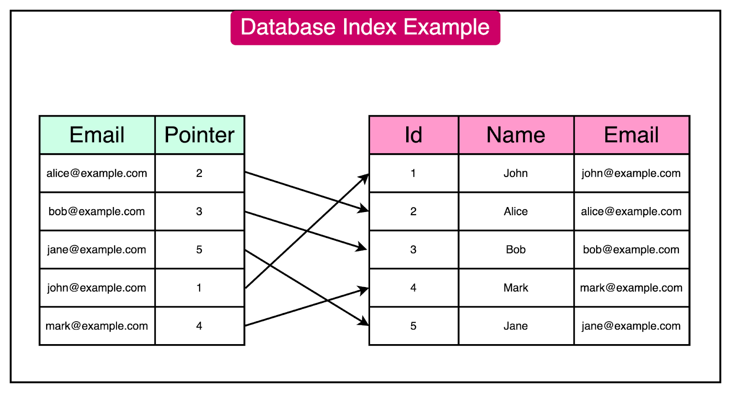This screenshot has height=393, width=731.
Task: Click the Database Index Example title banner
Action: (365, 27)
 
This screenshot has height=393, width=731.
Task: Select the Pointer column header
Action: (200, 135)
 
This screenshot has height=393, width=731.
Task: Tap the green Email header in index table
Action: (97, 135)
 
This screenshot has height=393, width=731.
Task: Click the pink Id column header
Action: (413, 135)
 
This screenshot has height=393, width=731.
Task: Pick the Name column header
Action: (516, 135)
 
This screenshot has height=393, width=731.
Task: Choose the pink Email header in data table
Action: (631, 135)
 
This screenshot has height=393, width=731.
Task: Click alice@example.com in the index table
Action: (97, 173)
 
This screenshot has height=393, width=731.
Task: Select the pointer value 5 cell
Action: (199, 250)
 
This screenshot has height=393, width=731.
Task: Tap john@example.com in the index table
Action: (97, 288)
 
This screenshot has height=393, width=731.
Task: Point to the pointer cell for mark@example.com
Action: (199, 326)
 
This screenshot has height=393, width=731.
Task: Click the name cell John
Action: (516, 173)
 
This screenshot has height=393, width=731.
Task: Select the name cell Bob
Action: (516, 250)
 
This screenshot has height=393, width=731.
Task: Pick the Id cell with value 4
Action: (413, 288)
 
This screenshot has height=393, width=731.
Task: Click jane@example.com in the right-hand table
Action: (631, 326)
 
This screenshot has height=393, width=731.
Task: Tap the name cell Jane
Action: (516, 326)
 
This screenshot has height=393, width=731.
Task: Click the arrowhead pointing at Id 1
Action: (365, 178)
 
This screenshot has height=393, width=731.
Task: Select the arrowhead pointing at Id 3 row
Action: (363, 248)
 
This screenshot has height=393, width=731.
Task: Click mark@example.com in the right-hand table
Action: (631, 288)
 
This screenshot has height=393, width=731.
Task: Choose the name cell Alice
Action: (516, 212)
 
